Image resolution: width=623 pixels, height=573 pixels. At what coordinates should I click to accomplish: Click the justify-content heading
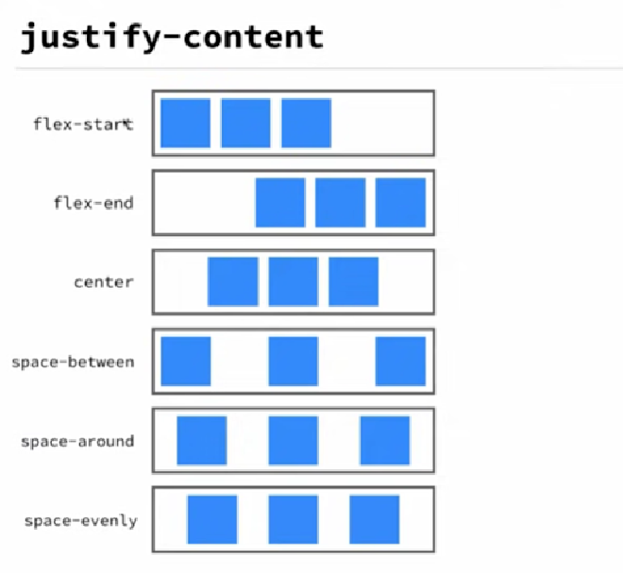pyautogui.click(x=172, y=37)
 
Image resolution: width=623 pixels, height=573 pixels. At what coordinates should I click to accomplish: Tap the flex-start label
pyautogui.click(x=83, y=124)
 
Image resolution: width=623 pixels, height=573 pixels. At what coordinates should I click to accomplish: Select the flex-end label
pyautogui.click(x=93, y=202)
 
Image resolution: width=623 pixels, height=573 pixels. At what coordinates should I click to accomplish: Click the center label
pyautogui.click(x=104, y=281)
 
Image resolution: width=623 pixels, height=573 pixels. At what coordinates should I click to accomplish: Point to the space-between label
pyautogui.click(x=73, y=362)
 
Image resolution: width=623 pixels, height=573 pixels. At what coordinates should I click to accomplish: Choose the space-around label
pyautogui.click(x=77, y=441)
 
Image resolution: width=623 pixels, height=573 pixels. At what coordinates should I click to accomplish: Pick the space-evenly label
pyautogui.click(x=80, y=520)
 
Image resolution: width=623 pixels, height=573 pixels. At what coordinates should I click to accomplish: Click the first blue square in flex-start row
pyautogui.click(x=185, y=123)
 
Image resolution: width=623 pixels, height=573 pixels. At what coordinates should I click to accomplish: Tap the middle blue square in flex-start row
pyautogui.click(x=245, y=123)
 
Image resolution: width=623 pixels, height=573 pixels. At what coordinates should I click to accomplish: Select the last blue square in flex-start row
pyautogui.click(x=306, y=123)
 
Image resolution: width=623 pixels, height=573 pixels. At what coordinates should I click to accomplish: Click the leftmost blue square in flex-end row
pyautogui.click(x=279, y=202)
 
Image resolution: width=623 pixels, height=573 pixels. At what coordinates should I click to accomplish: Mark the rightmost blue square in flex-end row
pyautogui.click(x=400, y=202)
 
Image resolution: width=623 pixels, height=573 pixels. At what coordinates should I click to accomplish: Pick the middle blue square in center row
pyautogui.click(x=293, y=281)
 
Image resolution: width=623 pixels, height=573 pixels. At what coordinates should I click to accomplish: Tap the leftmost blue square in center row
pyautogui.click(x=232, y=281)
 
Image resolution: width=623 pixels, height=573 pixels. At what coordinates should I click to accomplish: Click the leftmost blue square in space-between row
pyautogui.click(x=185, y=362)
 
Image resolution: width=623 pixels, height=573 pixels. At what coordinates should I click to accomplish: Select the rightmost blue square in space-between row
pyautogui.click(x=400, y=362)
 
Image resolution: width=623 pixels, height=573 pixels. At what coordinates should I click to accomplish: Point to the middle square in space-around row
pyautogui.click(x=293, y=441)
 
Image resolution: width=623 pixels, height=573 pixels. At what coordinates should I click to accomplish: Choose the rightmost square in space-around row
pyautogui.click(x=384, y=441)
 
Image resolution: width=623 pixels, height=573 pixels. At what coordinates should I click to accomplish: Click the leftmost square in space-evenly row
pyautogui.click(x=211, y=520)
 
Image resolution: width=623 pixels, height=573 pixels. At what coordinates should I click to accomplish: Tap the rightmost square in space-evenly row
pyautogui.click(x=374, y=520)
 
